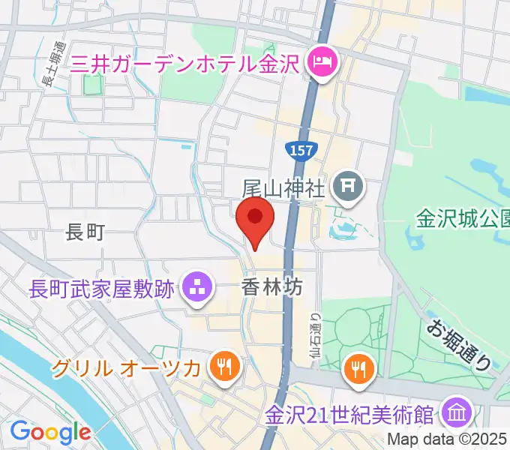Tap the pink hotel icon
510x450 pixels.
323,59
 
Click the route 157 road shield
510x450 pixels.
302,149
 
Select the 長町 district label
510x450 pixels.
85,232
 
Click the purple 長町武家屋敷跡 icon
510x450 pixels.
197,288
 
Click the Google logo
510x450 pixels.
49,431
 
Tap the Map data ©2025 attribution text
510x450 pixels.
448,439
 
